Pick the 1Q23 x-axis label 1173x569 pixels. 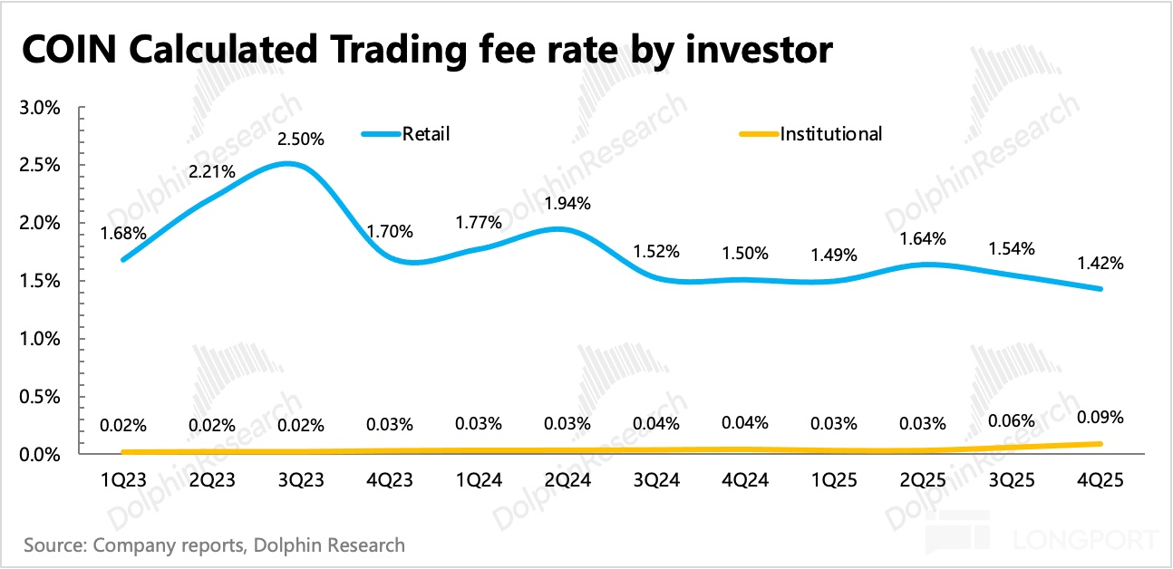pyautogui.click(x=122, y=481)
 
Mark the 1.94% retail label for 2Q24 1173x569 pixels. pyautogui.click(x=568, y=203)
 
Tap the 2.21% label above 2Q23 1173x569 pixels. pyautogui.click(x=214, y=171)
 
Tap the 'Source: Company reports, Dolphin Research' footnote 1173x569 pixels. pyautogui.click(x=214, y=545)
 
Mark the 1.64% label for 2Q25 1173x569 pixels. pyautogui.click(x=924, y=239)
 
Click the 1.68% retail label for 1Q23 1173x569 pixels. pyautogui.click(x=124, y=232)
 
